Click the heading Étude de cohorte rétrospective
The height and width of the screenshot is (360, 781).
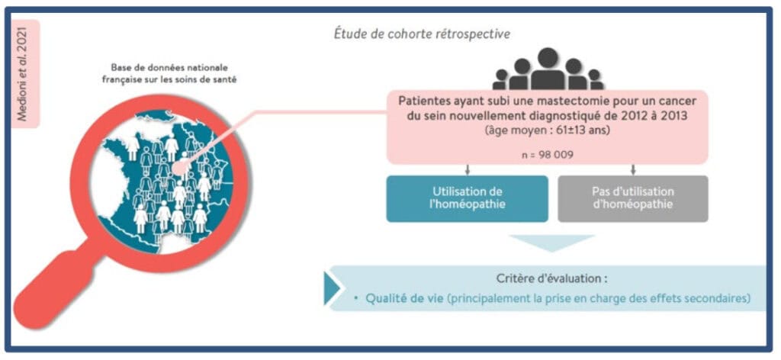422,34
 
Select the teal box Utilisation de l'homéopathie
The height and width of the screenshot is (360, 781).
467,198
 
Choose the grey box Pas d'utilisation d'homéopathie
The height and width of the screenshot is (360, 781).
633,198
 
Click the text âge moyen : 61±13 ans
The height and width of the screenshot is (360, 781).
546,130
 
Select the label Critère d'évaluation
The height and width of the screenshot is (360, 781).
550,278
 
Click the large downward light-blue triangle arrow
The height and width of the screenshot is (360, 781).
551,243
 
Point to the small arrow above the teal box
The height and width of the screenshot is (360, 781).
467,169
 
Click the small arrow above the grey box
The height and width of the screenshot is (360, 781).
633,169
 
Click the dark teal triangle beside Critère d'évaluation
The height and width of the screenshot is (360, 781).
332,288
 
